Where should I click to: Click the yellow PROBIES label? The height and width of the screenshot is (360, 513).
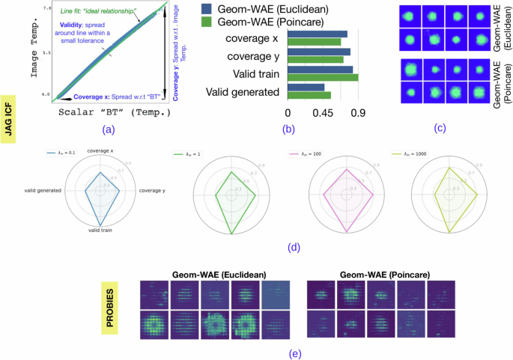pos(114,300)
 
